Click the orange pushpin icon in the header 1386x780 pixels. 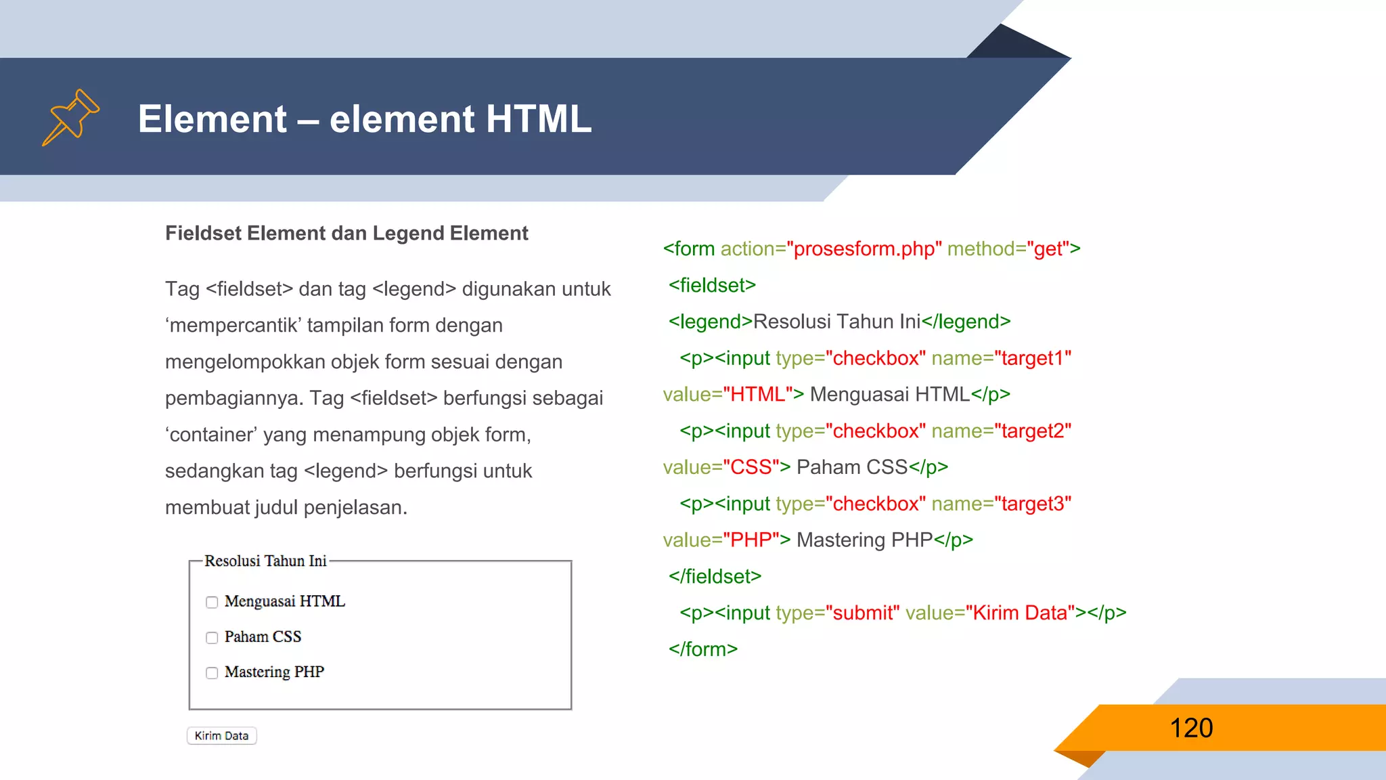(x=71, y=117)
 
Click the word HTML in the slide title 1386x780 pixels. (x=538, y=119)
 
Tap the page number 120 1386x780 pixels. (x=1191, y=728)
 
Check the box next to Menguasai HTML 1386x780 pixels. (x=212, y=602)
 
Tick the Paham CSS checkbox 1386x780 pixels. (x=212, y=637)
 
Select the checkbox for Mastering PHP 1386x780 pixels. (x=212, y=672)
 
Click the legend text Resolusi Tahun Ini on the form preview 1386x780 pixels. (x=265, y=561)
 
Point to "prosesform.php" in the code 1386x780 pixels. (x=864, y=249)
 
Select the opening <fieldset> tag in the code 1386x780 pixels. (x=712, y=286)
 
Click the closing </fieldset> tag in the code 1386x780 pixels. (x=715, y=576)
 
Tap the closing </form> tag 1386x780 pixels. (x=702, y=649)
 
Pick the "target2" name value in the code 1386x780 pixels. (x=1033, y=431)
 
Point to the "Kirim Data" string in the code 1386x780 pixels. (x=1020, y=613)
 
